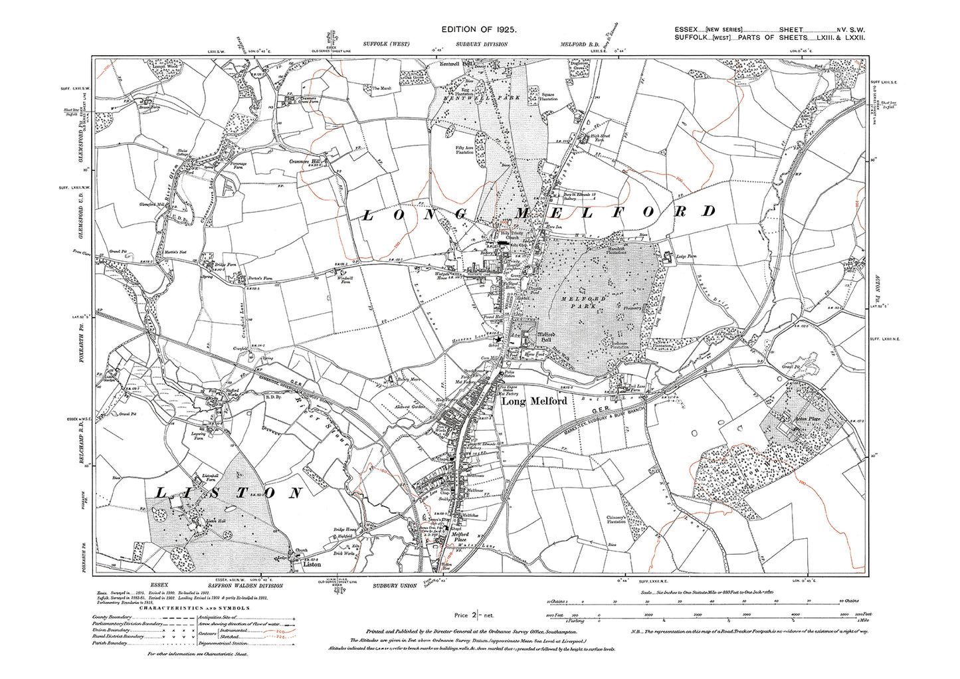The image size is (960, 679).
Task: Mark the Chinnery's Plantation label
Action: click(616, 520)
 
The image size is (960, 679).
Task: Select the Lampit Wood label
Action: click(146, 67)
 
